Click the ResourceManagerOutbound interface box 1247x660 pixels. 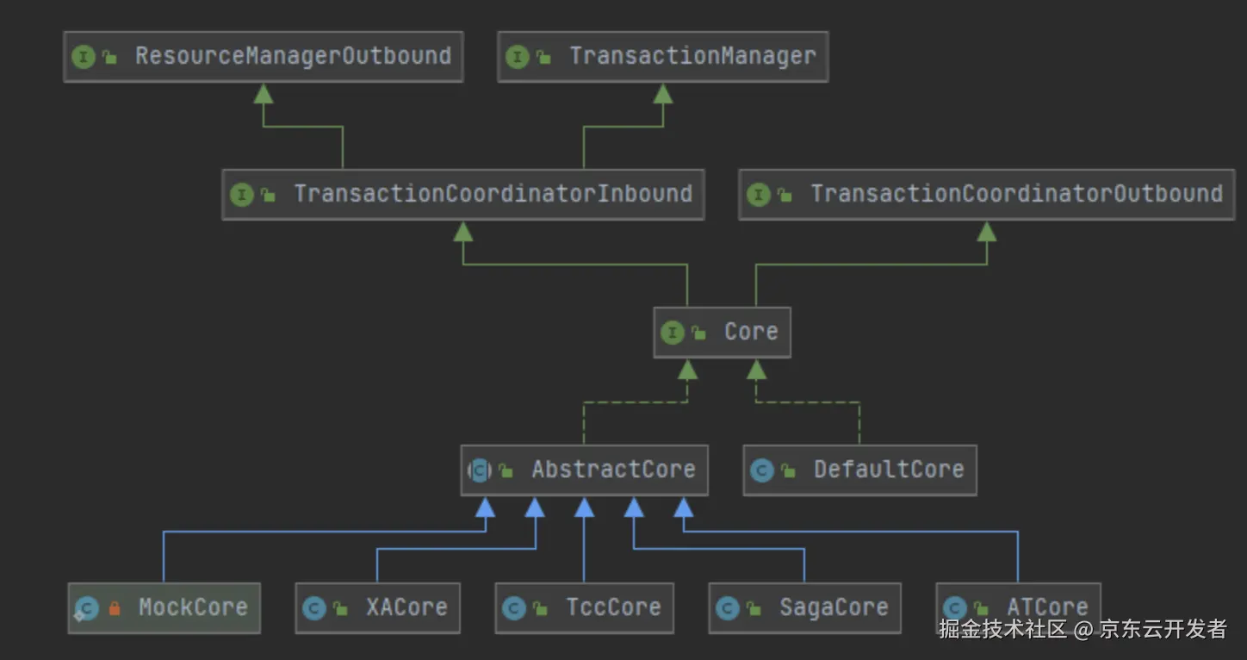pyautogui.click(x=263, y=57)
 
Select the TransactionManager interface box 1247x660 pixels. pyautogui.click(x=662, y=57)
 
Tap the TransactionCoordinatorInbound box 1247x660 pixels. pyautogui.click(x=462, y=194)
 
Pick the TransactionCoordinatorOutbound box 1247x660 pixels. pyautogui.click(x=986, y=194)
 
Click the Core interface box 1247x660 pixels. pyautogui.click(x=722, y=332)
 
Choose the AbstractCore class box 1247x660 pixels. pyautogui.click(x=584, y=470)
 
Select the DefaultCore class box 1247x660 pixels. pyautogui.click(x=859, y=470)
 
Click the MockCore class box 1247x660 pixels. pyautogui.click(x=164, y=607)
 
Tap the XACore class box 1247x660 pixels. pyautogui.click(x=377, y=607)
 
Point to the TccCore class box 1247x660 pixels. pyautogui.click(x=584, y=607)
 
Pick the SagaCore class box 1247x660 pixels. pyautogui.click(x=804, y=607)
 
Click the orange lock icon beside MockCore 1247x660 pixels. pyautogui.click(x=115, y=608)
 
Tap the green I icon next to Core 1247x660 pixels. pyautogui.click(x=672, y=333)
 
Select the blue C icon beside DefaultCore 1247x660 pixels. pyautogui.click(x=761, y=470)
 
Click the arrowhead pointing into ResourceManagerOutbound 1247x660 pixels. pyautogui.click(x=264, y=93)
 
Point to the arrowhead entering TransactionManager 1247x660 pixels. pyautogui.click(x=662, y=93)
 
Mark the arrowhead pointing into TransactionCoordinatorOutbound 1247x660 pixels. pyautogui.click(x=987, y=231)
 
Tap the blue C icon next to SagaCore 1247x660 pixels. pyautogui.click(x=728, y=608)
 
